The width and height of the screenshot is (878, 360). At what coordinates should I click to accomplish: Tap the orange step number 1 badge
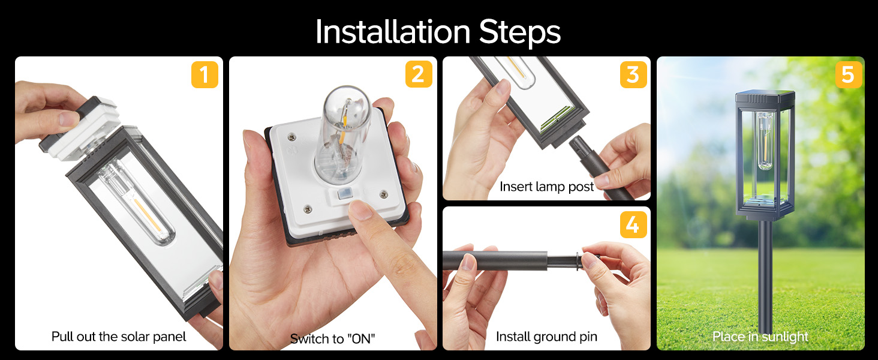[x=205, y=76]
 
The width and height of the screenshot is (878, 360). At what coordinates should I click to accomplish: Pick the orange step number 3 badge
[x=633, y=75]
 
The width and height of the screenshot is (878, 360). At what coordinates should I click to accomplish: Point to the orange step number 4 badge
[x=633, y=224]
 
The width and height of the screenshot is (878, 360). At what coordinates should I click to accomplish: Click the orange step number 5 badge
[x=847, y=76]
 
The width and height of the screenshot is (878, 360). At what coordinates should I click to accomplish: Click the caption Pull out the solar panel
[x=119, y=337]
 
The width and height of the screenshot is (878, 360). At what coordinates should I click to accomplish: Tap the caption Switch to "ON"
[x=333, y=338]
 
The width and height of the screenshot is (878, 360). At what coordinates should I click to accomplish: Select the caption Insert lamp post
[x=546, y=187]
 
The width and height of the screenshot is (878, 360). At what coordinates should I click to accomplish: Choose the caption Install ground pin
[x=546, y=337]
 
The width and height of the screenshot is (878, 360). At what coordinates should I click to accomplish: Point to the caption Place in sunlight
[x=760, y=337]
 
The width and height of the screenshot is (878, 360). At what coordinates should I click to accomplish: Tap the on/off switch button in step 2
[x=343, y=196]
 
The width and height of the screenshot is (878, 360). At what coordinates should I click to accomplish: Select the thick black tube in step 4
[x=495, y=261]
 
